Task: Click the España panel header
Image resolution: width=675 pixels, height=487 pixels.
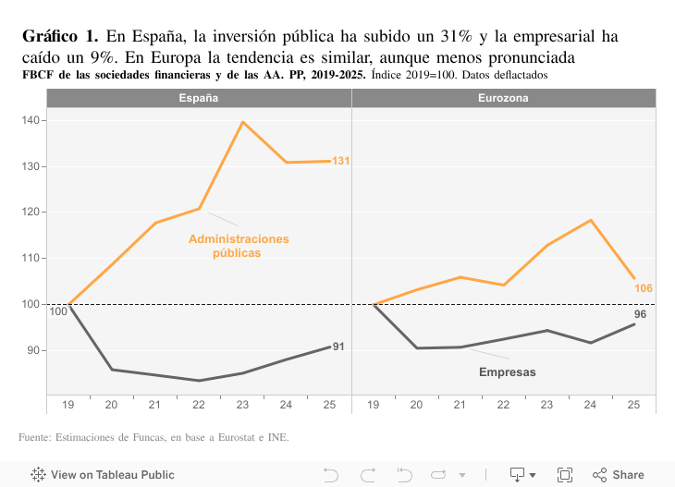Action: pos(199,98)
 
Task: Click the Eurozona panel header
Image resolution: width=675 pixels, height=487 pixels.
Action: pos(503,98)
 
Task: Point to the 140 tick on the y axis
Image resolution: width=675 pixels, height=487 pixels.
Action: pos(31,121)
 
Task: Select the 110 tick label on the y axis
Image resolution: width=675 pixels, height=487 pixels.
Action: pos(31,259)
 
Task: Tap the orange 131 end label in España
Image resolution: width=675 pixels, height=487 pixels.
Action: pos(340,162)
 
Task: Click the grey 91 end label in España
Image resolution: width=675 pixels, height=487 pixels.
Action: pos(338,347)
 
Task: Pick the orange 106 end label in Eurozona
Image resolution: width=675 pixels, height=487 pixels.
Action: pos(644,288)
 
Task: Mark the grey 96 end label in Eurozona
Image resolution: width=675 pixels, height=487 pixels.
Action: pos(640,315)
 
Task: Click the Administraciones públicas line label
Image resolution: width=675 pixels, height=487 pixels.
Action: pos(239,246)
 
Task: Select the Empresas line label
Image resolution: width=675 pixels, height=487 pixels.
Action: pos(508,372)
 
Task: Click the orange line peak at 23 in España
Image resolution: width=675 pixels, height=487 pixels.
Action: pos(242,122)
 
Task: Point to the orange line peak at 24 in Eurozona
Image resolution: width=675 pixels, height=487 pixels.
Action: pos(590,220)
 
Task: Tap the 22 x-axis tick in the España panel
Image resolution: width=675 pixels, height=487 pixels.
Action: pos(199,405)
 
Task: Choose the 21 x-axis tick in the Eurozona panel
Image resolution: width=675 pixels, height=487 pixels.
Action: pos(460,405)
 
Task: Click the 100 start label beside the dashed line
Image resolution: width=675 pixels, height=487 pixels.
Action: pos(58,311)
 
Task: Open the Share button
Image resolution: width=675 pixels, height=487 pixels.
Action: pos(619,475)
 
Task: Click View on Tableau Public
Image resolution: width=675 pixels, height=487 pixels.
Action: pos(103,475)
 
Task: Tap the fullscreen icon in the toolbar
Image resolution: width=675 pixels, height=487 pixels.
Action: pos(565,475)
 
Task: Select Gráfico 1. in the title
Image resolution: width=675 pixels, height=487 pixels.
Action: pos(60,37)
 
